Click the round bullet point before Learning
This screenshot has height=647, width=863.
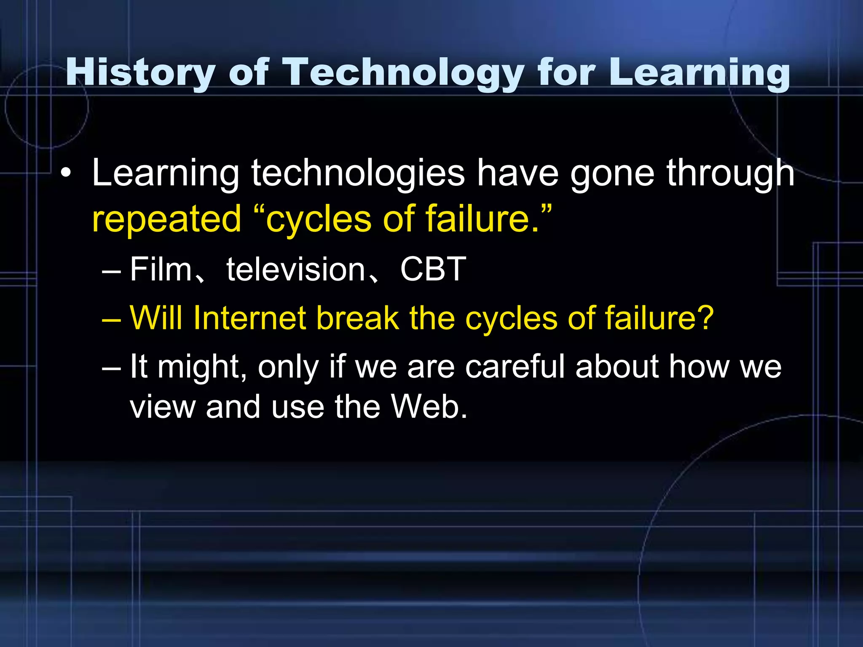tap(65, 174)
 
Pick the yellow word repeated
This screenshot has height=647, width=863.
tap(166, 219)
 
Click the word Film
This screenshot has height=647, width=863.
tap(161, 269)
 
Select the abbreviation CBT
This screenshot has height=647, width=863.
tap(433, 269)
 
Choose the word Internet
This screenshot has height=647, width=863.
tap(249, 318)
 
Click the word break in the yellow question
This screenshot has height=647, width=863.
tap(357, 318)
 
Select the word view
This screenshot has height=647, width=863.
tap(162, 407)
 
